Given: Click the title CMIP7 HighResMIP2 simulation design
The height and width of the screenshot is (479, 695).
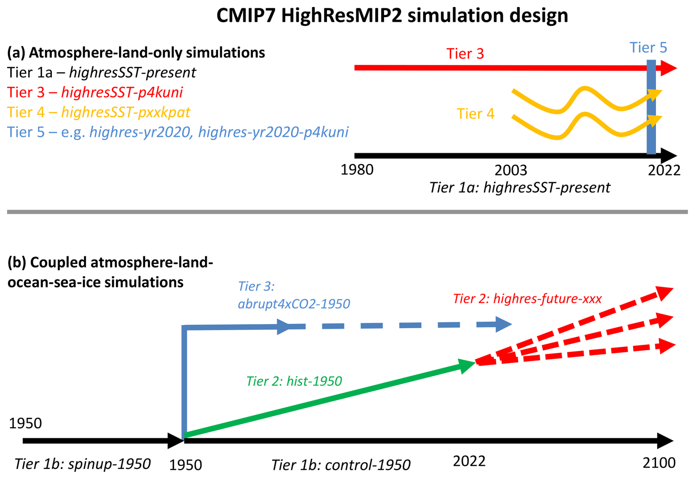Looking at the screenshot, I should tap(392, 15).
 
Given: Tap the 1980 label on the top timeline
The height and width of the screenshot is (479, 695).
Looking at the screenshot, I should tap(357, 170).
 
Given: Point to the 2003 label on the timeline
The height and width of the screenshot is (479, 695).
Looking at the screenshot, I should tap(511, 170).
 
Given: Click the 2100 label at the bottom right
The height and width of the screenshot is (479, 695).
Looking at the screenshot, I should tap(659, 463).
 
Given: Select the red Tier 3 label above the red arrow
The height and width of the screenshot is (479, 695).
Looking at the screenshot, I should tap(465, 54).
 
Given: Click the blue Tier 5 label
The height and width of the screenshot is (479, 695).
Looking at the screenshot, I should tap(648, 47).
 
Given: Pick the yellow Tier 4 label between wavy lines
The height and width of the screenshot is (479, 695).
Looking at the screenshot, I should tap(475, 114).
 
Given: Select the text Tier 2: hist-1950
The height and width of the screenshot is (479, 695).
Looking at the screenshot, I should tap(294, 381).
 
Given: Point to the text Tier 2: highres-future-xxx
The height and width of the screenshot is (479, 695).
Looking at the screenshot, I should tap(527, 298).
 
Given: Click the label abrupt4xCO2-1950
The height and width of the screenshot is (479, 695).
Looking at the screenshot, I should tap(294, 304).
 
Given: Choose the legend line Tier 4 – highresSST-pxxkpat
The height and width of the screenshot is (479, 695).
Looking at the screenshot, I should tap(98, 112).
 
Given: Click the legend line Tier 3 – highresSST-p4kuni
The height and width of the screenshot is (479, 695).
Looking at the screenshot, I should tap(95, 92).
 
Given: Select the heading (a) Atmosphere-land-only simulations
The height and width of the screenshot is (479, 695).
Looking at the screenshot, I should tap(136, 53).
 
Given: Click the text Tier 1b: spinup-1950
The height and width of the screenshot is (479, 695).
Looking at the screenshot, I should tap(82, 464).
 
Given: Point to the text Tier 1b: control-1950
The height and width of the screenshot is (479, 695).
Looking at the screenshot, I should tap(341, 465).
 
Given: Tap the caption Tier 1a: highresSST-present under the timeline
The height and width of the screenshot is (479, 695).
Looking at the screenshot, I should tap(519, 188).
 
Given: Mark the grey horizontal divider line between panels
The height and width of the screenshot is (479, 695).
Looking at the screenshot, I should tap(347, 212).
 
